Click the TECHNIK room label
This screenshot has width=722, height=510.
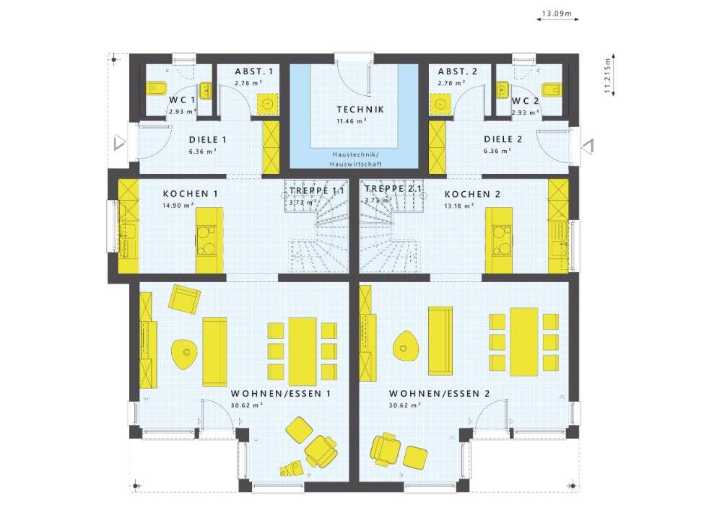tap(360, 110)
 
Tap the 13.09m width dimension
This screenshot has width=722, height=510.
tap(557, 13)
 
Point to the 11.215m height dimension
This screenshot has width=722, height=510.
tap(609, 76)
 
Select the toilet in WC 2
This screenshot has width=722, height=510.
tap(551, 89)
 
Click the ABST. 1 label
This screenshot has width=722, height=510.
tap(253, 71)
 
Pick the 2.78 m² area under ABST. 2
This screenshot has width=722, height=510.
tap(451, 83)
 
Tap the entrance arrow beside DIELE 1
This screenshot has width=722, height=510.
tap(119, 143)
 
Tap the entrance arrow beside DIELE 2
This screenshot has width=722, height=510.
tap(588, 146)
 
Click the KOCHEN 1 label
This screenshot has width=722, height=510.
tap(190, 193)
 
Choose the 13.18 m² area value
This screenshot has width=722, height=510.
tap(459, 206)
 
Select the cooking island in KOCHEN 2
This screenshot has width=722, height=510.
tap(499, 240)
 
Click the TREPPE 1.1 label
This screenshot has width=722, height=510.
tap(317, 190)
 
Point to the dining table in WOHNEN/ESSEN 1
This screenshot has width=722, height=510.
tap(303, 351)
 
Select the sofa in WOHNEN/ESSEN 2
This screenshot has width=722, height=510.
tap(440, 341)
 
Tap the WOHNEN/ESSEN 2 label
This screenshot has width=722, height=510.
tap(439, 394)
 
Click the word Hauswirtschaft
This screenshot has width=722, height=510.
tap(356, 164)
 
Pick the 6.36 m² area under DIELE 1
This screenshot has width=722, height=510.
tap(203, 151)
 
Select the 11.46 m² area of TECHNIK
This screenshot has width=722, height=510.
tap(352, 121)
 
